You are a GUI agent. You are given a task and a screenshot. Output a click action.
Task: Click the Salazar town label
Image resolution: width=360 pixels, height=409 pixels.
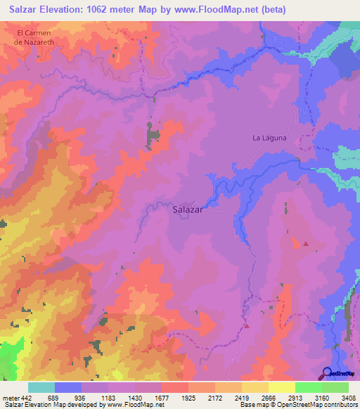tap(188, 209)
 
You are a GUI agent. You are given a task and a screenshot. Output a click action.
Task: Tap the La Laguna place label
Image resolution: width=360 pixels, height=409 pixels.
tap(270, 138)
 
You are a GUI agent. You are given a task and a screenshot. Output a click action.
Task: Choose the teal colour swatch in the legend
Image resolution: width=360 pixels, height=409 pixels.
tap(41, 387)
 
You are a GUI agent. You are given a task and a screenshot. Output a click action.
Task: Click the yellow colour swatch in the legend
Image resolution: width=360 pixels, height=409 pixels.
tap(282, 387)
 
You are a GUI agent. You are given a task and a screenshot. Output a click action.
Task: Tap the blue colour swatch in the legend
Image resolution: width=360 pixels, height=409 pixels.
tap(68, 387)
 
